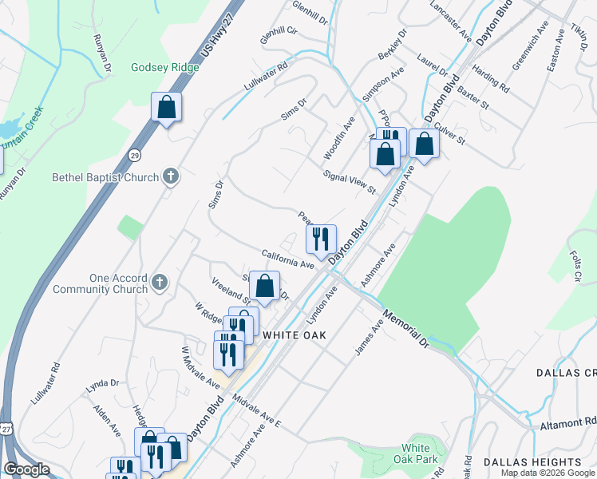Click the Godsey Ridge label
[x=164, y=67]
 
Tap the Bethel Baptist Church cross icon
[x=170, y=177]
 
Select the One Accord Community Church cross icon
[x=160, y=282]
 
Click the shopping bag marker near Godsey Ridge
[x=166, y=107]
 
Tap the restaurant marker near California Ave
[x=321, y=239]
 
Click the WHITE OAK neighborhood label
[x=294, y=335]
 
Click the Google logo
[x=26, y=470]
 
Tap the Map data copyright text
[x=548, y=473]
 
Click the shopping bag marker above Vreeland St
[x=264, y=287]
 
